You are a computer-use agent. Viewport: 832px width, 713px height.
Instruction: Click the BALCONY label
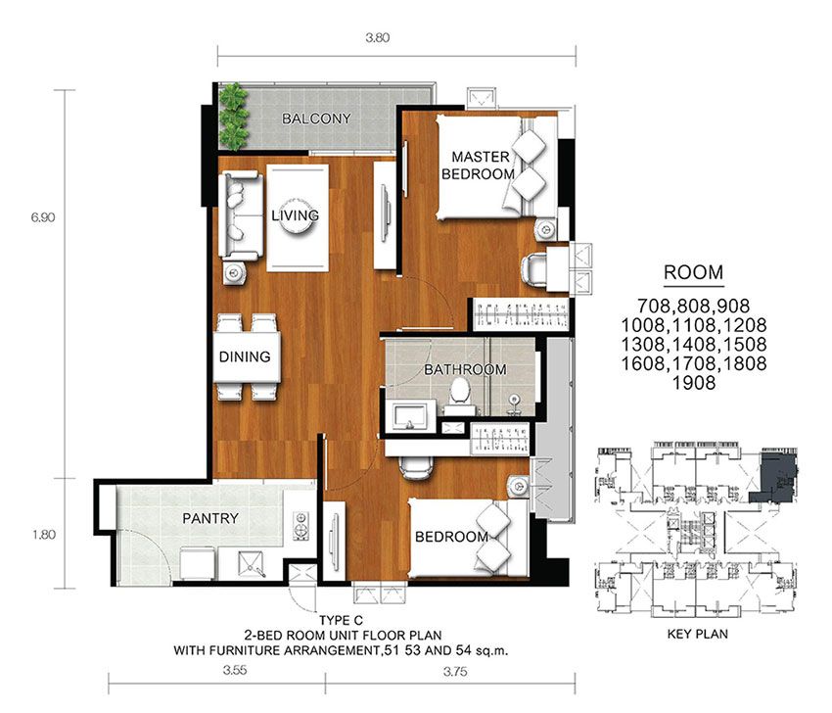[x=316, y=119]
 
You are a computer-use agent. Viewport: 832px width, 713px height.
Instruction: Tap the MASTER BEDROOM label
[x=478, y=166]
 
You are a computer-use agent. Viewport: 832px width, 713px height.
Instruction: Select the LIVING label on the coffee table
[x=295, y=215]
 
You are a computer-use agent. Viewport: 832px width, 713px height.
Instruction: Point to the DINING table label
[x=245, y=356]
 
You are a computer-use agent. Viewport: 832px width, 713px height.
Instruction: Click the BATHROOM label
[x=465, y=369]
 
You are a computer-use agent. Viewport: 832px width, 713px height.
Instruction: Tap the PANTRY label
[x=210, y=518]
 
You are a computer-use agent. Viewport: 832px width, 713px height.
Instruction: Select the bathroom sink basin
[x=410, y=414]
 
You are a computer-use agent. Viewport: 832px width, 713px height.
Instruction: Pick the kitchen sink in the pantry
[x=251, y=564]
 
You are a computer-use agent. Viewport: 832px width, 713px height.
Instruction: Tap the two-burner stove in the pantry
[x=300, y=526]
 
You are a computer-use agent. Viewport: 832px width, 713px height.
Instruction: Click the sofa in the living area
[x=242, y=215]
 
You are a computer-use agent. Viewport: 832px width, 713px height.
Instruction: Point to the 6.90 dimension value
[x=43, y=217]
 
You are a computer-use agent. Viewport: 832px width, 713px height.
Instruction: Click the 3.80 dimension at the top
[x=377, y=37]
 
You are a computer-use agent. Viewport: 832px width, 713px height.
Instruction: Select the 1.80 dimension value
[x=43, y=535]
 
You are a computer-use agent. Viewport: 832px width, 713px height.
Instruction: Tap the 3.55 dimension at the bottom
[x=235, y=670]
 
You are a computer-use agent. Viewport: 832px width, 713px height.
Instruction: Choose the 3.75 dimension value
[x=455, y=672]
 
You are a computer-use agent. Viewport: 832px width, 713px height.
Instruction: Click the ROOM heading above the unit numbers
[x=694, y=272]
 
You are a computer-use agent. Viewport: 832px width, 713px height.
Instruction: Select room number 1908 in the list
[x=694, y=383]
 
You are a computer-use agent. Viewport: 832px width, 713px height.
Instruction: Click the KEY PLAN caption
[x=697, y=634]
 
